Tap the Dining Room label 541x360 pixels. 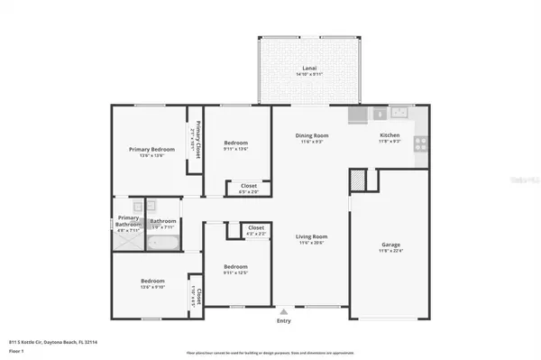point(310,136)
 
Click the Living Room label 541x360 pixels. point(311,237)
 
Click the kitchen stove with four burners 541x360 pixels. point(420,143)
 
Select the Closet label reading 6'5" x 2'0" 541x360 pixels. point(248,191)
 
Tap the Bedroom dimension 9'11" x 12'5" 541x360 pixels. point(235,272)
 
